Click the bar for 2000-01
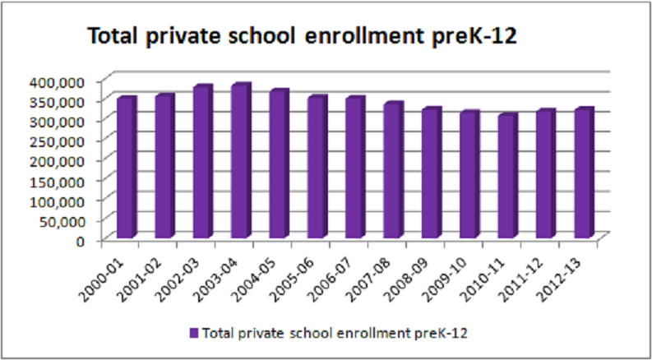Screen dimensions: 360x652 (126, 168)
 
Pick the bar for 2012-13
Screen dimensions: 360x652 (582, 173)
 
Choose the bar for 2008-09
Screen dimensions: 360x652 (430, 173)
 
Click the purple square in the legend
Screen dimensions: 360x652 (194, 333)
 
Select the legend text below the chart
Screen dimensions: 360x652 (335, 333)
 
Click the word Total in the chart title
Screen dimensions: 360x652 (114, 37)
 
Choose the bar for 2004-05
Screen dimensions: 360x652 (278, 164)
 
